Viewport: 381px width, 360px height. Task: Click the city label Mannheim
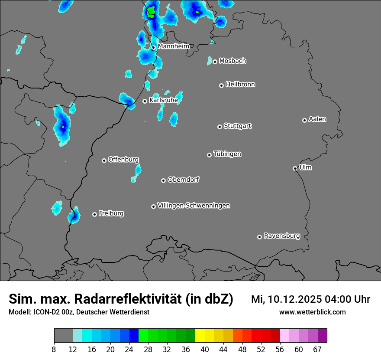(x=173, y=46)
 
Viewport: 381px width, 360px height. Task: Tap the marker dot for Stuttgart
(x=220, y=127)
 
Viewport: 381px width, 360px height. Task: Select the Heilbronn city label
(x=240, y=84)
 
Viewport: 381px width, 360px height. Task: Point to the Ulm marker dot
(x=295, y=168)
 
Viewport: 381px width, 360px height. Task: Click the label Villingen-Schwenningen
(x=194, y=205)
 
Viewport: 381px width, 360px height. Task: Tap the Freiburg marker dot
(x=94, y=214)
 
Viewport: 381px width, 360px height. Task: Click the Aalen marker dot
(x=305, y=120)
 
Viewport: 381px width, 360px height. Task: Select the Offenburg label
(x=123, y=159)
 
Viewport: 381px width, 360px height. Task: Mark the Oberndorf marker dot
(x=164, y=180)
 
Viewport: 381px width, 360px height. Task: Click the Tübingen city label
(x=227, y=154)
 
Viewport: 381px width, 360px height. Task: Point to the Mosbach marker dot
(x=215, y=62)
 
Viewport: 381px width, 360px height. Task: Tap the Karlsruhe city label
(x=164, y=100)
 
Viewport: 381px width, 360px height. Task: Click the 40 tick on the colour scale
(x=205, y=349)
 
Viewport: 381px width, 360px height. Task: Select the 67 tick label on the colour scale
(x=317, y=349)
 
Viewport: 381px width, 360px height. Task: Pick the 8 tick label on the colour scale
(x=54, y=349)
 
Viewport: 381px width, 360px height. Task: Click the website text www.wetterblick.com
(x=312, y=312)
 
